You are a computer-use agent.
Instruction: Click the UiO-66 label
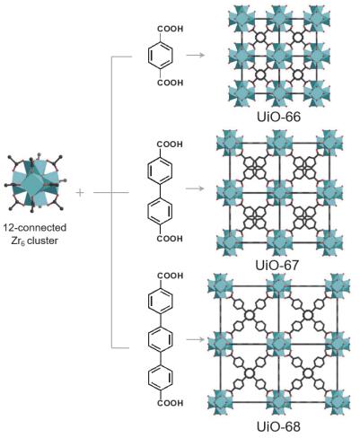(x=278, y=117)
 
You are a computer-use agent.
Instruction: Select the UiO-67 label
(x=277, y=265)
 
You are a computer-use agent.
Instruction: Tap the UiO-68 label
(x=278, y=426)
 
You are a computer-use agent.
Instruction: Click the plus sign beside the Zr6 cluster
(x=80, y=192)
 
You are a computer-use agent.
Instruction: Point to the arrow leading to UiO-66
(x=195, y=55)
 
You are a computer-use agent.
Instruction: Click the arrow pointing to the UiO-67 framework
(x=195, y=188)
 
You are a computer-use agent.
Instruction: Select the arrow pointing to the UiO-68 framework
(x=195, y=339)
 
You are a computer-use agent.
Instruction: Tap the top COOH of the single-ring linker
(x=171, y=29)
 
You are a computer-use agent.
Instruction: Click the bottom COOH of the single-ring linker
(x=171, y=83)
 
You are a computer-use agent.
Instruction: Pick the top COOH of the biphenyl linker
(x=170, y=145)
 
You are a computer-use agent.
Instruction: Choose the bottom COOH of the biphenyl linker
(x=170, y=239)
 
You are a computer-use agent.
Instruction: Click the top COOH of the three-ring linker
(x=171, y=276)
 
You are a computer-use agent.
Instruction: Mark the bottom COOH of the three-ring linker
(x=171, y=403)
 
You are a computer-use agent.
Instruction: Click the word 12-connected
(x=35, y=228)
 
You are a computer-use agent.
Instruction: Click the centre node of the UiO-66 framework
(x=279, y=55)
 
